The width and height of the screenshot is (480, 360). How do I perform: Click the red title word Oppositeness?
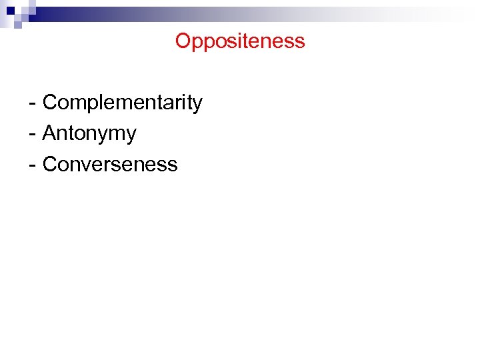tap(240, 41)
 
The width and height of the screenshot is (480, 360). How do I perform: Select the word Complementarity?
tap(122, 103)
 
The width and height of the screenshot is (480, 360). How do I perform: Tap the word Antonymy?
tap(89, 134)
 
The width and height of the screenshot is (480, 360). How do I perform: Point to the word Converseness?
tap(110, 165)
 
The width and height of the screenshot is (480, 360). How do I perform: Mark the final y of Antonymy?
tap(131, 136)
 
